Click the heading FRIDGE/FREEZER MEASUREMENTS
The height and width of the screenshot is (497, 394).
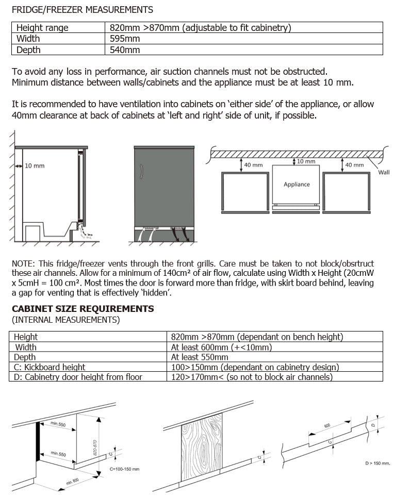pos(83,9)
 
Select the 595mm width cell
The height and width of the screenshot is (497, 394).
pos(125,39)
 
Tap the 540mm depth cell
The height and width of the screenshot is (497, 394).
pos(125,50)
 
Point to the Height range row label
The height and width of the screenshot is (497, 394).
pos(42,28)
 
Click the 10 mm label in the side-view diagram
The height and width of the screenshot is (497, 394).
pos(35,166)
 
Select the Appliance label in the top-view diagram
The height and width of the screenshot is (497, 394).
pos(297,184)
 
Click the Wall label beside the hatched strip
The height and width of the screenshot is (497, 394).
pos(384,172)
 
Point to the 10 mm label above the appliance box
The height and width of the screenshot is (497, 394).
pos(306,162)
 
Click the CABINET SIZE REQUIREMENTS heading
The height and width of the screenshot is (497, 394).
pos(83,309)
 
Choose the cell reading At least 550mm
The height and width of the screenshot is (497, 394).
pos(200,357)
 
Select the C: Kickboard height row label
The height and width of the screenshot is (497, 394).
pos(50,367)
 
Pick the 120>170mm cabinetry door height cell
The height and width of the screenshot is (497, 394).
pos(252,377)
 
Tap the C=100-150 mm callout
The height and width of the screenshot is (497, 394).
pos(124,469)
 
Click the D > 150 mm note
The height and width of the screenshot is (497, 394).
pos(376,463)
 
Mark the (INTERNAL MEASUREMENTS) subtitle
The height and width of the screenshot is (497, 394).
pos(66,320)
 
